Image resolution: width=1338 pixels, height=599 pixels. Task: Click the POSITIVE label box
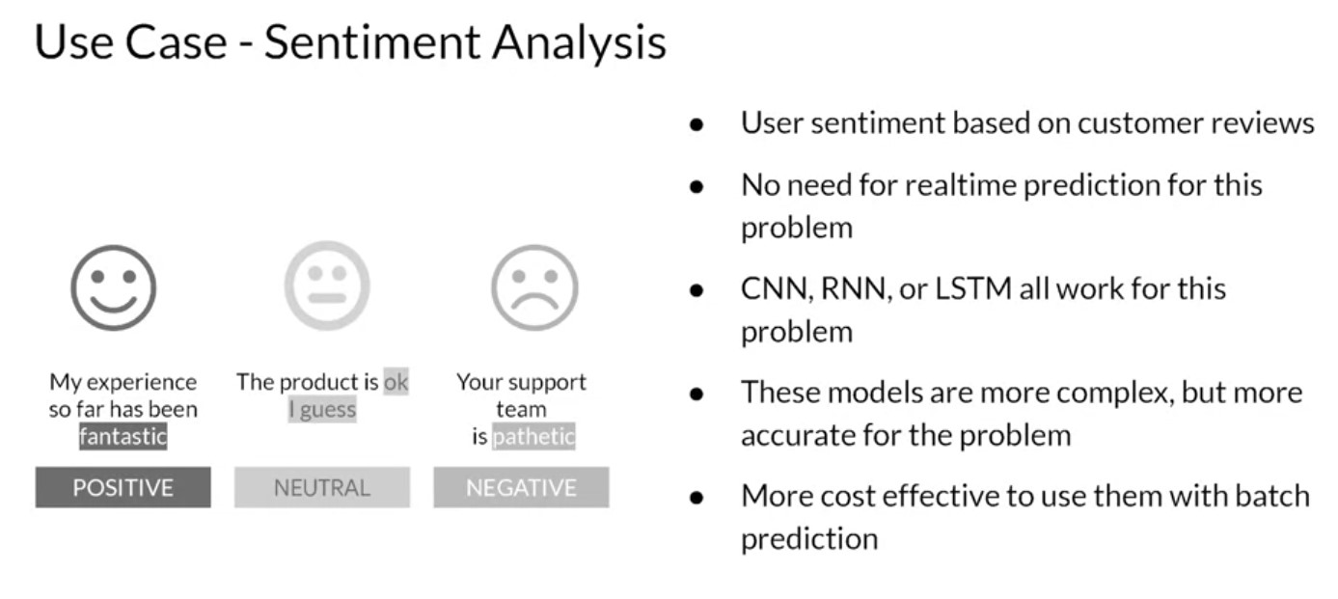tap(123, 487)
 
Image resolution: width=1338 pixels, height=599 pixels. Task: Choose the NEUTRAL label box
tap(322, 487)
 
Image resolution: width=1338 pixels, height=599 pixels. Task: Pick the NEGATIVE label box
tap(522, 487)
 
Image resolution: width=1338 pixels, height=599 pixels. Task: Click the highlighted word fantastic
tap(123, 436)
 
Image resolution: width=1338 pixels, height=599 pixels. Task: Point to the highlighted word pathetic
tap(533, 436)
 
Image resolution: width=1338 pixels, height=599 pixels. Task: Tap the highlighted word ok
tap(396, 382)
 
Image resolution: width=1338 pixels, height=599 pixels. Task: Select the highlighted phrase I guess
tap(322, 409)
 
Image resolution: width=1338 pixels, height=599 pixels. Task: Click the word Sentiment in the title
tap(372, 42)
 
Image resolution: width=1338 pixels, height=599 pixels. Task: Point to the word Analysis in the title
tap(579, 43)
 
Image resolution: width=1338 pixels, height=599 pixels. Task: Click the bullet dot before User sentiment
tap(696, 124)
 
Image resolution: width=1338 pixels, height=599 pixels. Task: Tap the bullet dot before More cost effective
tap(696, 498)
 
